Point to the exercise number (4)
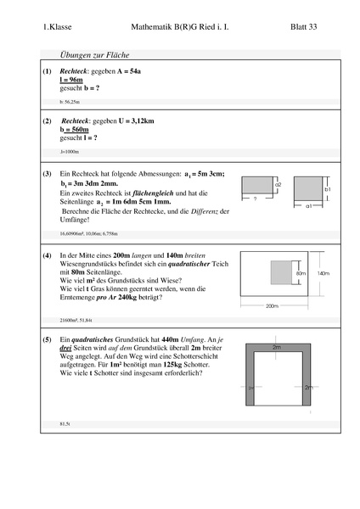point(47,255)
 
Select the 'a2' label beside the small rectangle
point(278,184)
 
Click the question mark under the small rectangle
point(256,199)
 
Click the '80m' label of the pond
point(300,274)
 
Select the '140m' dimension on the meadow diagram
point(323,273)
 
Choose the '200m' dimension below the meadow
point(272,305)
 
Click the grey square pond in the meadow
point(281,274)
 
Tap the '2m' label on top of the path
point(277,347)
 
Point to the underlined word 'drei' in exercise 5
point(66,350)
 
